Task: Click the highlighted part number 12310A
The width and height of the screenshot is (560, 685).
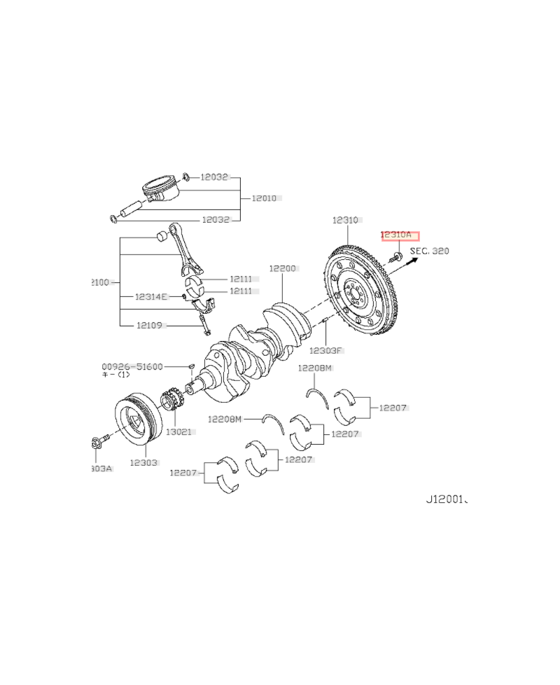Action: (400, 236)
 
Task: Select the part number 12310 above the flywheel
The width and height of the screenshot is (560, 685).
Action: (345, 220)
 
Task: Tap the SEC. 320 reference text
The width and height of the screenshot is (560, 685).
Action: (430, 251)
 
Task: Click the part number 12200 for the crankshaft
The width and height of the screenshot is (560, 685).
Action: (283, 268)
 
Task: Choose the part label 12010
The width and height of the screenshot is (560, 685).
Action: (264, 198)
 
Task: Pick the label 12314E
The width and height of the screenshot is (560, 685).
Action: (152, 297)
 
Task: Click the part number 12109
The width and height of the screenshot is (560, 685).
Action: (149, 325)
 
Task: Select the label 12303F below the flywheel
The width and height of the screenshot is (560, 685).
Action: (326, 350)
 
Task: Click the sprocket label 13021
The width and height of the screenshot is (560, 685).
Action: (178, 432)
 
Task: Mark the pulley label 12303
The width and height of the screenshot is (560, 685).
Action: (143, 463)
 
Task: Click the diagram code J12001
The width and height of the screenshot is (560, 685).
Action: (446, 501)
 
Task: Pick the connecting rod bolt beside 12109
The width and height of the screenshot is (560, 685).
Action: (204, 325)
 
